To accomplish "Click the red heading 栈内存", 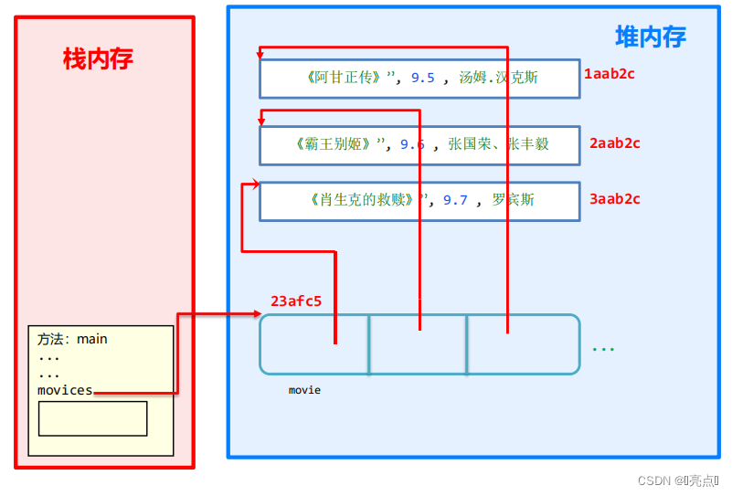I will [98, 59].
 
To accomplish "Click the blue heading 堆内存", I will [650, 37].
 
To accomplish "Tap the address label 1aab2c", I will [609, 73].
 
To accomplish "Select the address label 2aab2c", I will [614, 142].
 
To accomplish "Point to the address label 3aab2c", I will [614, 198].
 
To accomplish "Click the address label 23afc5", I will [296, 301].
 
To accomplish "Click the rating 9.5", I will [422, 79].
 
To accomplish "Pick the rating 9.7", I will [455, 200].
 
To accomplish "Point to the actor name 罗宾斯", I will [514, 199].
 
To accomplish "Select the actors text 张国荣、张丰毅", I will [499, 144].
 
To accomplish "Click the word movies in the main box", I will [65, 390].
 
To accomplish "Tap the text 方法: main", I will [72, 339].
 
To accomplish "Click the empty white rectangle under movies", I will [92, 418].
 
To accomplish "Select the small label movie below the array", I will [304, 390].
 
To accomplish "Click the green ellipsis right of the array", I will [602, 349].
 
